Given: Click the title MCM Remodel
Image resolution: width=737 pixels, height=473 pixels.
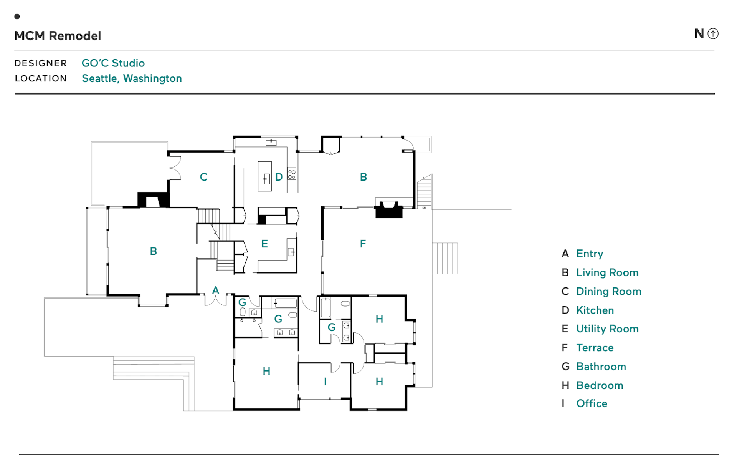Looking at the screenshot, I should pyautogui.click(x=58, y=36).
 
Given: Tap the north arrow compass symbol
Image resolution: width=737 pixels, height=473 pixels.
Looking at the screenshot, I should pyautogui.click(x=713, y=34).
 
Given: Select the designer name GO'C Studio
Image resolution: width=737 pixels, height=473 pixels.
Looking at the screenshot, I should pyautogui.click(x=113, y=63).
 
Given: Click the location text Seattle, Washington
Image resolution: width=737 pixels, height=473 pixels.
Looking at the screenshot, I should pyautogui.click(x=132, y=78).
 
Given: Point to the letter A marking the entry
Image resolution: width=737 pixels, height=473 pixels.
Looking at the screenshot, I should pyautogui.click(x=216, y=290).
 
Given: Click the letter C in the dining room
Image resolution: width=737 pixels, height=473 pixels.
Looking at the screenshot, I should pyautogui.click(x=203, y=177).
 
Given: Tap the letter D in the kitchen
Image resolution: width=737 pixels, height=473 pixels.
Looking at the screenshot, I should pyautogui.click(x=279, y=177).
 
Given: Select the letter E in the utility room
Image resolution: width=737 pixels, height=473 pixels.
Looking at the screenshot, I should pyautogui.click(x=264, y=244).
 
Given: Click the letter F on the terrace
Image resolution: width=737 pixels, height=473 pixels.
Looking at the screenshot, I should pyautogui.click(x=363, y=244).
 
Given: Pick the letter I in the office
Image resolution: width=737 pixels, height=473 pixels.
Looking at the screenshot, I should pyautogui.click(x=325, y=382).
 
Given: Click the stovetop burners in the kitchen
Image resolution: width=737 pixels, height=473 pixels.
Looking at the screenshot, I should pyautogui.click(x=292, y=174).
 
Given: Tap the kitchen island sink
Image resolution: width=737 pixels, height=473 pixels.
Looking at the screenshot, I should pyautogui.click(x=266, y=179).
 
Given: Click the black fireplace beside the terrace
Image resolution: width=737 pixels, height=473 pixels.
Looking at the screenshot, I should pyautogui.click(x=389, y=210).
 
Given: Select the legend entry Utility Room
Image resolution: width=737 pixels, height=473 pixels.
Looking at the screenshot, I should pyautogui.click(x=607, y=329).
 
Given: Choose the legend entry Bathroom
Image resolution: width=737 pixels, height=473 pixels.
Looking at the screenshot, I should pyautogui.click(x=601, y=367).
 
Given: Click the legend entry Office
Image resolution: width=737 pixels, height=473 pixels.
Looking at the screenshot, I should pyautogui.click(x=592, y=403).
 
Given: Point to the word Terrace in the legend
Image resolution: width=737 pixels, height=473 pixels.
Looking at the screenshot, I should pyautogui.click(x=595, y=348).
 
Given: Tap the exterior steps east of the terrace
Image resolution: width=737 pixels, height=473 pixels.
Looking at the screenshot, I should pyautogui.click(x=445, y=259).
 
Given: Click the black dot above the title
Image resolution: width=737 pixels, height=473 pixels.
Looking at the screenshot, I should pyautogui.click(x=17, y=17).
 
